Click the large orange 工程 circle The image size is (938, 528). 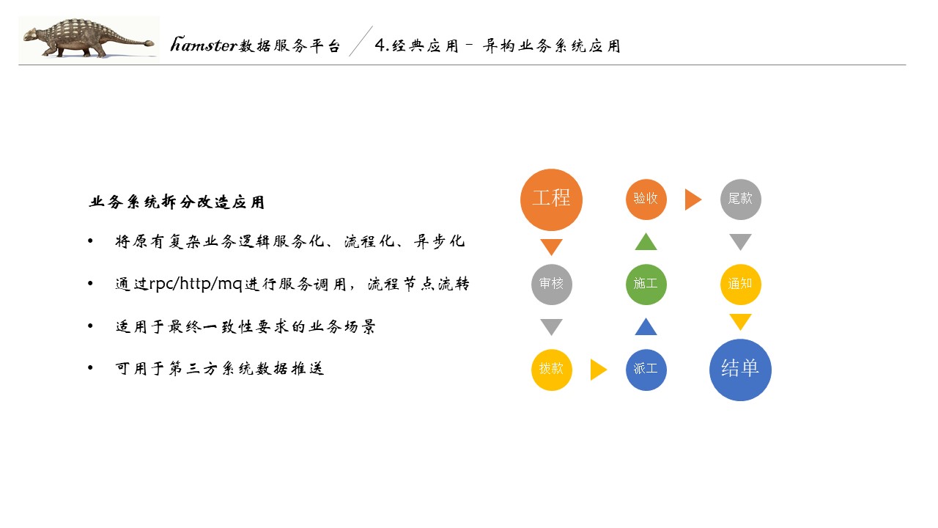[x=551, y=199]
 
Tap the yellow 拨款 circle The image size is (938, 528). [x=551, y=370]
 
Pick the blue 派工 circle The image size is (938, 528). [x=646, y=370]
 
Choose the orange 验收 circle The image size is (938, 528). [x=646, y=199]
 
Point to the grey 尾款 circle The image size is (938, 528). [x=740, y=199]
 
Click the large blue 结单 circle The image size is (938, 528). [x=740, y=370]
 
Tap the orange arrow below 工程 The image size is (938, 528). [x=551, y=246]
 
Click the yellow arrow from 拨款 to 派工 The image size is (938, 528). [x=598, y=370]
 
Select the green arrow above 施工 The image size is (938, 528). [x=646, y=241]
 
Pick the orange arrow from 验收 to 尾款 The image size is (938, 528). [x=693, y=199]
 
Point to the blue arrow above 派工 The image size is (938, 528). [x=646, y=326]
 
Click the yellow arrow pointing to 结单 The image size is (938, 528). [x=740, y=321]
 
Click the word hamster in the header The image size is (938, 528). [x=204, y=45]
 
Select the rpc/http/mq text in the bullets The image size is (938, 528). [x=196, y=285]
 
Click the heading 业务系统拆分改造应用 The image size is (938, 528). [x=177, y=202]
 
